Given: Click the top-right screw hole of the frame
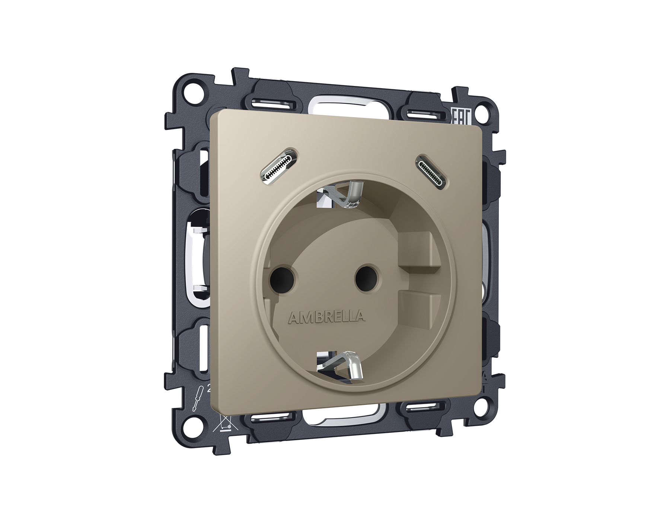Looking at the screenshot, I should [486, 111].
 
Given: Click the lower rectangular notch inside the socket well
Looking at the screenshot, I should [417, 303].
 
